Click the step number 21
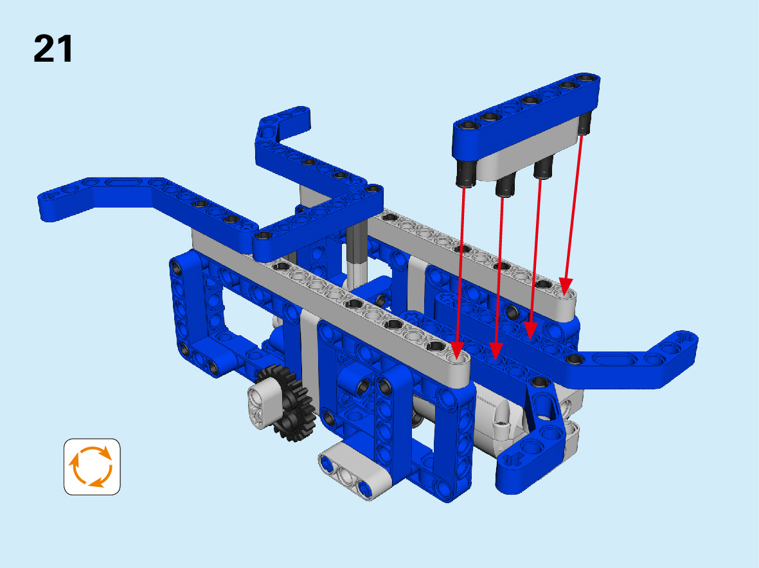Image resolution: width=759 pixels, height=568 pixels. [x=53, y=49]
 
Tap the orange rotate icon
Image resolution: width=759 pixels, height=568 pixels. [x=92, y=466]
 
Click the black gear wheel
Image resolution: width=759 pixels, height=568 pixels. [x=288, y=402]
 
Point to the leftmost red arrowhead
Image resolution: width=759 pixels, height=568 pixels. [x=457, y=350]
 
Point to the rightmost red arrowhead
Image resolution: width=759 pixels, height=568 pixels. [x=566, y=285]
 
